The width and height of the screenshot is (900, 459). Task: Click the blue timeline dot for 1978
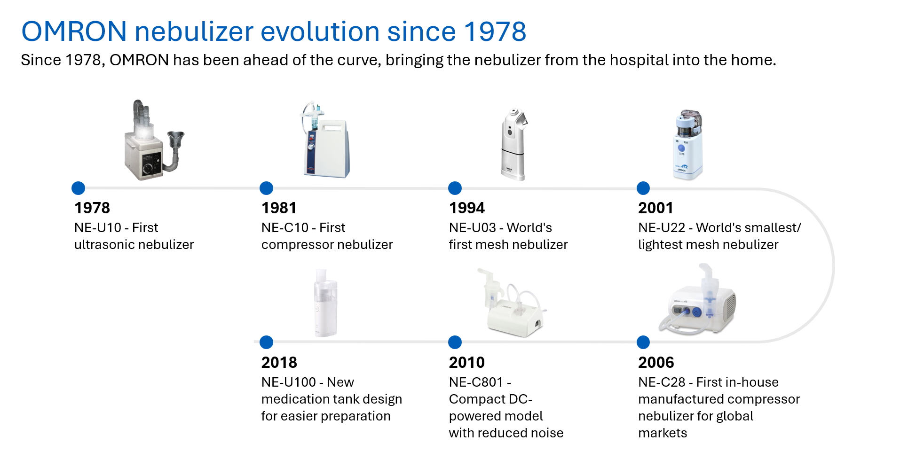[78, 188]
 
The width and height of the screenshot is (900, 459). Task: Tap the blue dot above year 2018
[266, 342]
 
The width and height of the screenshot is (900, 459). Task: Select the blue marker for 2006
[643, 342]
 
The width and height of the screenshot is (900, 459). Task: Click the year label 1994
[466, 208]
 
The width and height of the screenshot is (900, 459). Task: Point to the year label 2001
[655, 208]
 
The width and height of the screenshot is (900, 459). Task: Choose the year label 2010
[466, 363]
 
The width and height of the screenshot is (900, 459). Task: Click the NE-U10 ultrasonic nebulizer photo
[153, 141]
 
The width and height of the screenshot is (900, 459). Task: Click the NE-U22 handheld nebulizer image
[688, 145]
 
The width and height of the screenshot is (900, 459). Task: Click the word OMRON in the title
[74, 32]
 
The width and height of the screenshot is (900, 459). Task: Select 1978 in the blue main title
[495, 32]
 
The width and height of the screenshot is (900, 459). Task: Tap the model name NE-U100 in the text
[288, 382]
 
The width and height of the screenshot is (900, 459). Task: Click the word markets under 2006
[662, 433]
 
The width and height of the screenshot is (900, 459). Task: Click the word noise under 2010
[547, 433]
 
